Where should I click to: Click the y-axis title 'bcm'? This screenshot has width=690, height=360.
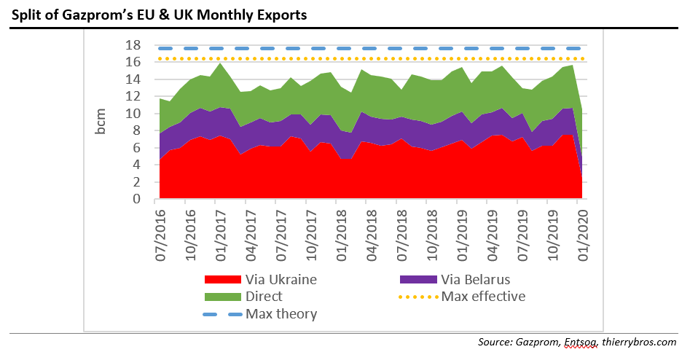101,122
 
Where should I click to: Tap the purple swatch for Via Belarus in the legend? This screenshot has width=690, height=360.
418,279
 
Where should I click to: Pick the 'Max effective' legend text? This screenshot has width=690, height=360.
483,297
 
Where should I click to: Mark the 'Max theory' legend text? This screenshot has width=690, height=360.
281,314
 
